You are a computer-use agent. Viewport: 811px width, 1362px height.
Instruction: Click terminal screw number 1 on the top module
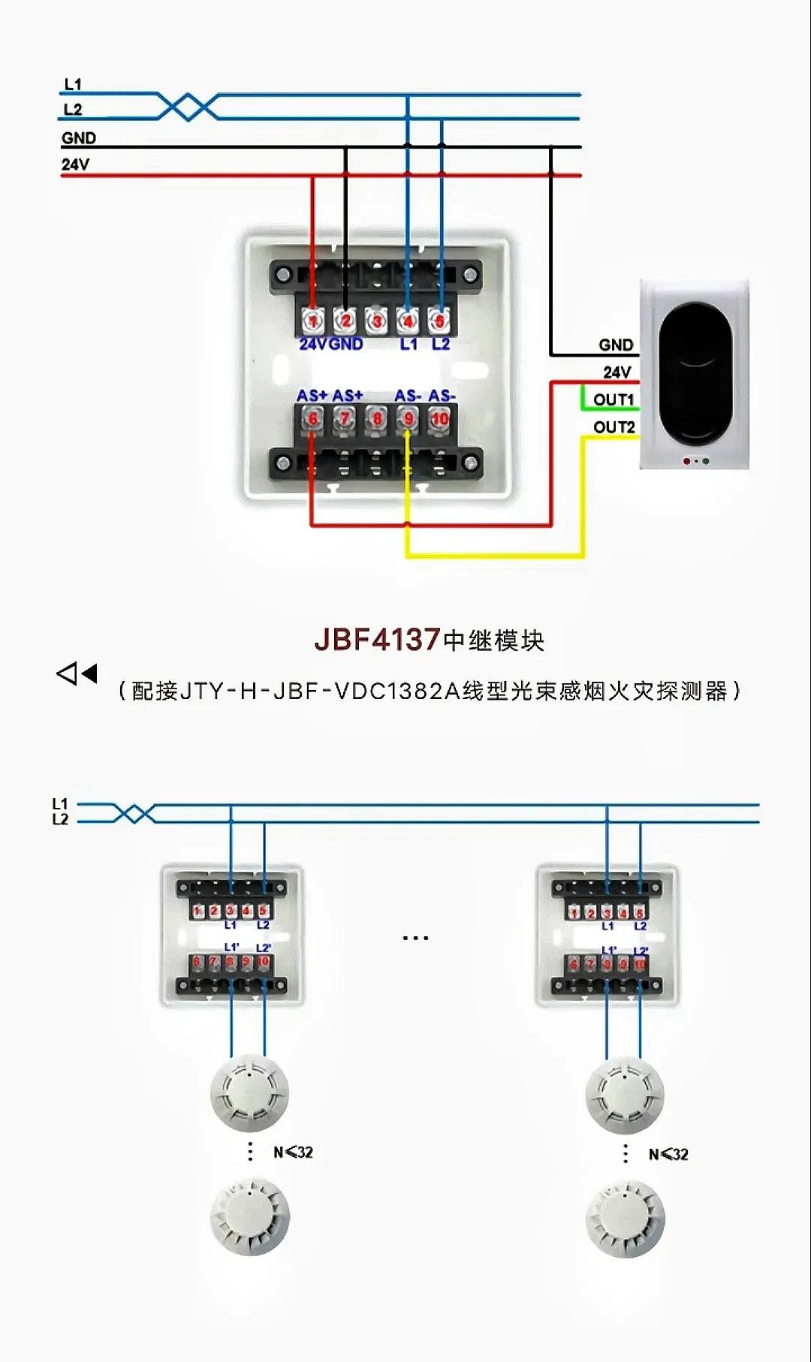312,321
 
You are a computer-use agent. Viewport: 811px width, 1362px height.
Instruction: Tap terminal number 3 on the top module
376,321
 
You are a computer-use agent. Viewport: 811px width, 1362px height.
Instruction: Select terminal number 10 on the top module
439,419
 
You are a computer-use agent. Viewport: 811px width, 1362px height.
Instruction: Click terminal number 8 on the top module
376,419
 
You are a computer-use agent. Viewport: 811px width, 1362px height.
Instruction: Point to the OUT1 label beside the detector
614,399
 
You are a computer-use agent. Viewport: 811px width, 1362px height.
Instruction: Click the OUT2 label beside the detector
614,427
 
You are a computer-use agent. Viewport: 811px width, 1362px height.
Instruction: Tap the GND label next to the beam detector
616,345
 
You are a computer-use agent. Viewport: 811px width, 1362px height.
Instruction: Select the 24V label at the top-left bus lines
75,164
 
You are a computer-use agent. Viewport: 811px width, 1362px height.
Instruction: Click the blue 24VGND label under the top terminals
330,344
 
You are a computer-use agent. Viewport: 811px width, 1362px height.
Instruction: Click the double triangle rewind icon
77,673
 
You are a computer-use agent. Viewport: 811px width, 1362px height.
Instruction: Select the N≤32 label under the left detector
293,1153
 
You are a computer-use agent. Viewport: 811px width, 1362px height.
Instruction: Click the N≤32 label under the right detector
668,1154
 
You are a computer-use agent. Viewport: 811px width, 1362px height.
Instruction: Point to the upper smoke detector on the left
249,1092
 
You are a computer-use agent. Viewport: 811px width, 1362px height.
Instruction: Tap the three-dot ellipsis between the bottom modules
415,938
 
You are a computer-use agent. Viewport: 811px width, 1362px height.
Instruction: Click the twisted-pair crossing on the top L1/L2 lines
188,107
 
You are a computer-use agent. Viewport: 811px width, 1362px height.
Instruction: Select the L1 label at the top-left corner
73,84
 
